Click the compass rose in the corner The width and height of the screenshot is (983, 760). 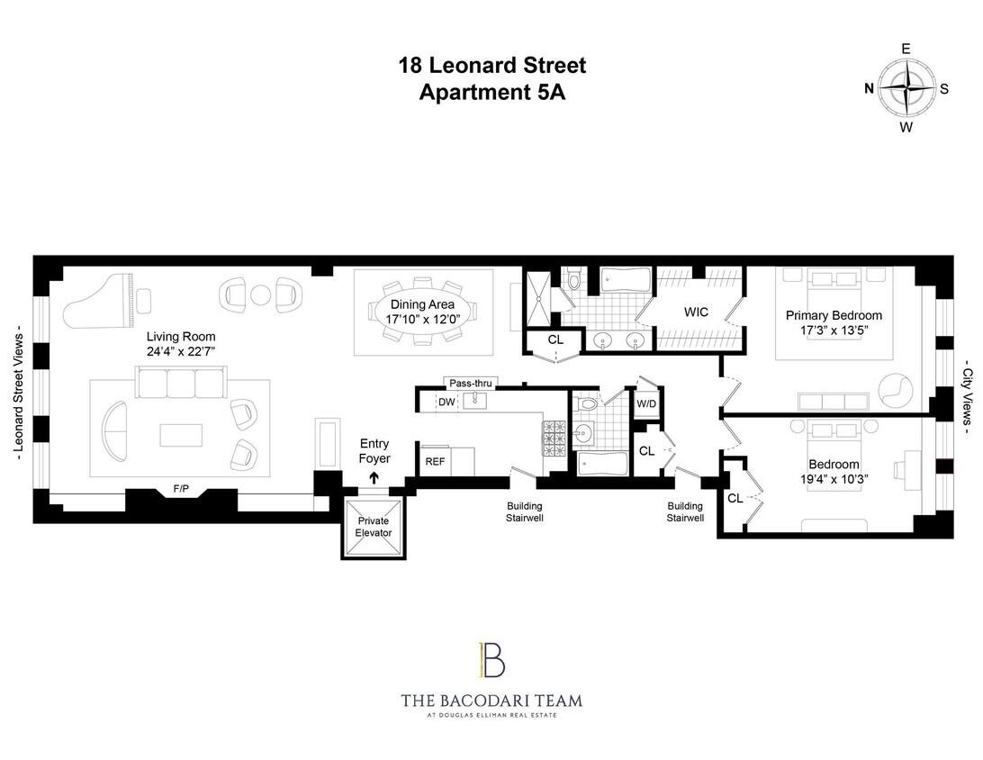click(x=906, y=88)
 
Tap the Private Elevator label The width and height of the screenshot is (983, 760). click(x=374, y=527)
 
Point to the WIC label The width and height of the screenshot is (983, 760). click(x=696, y=312)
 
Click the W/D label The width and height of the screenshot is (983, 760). click(x=646, y=403)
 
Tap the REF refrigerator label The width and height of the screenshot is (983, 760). click(x=435, y=460)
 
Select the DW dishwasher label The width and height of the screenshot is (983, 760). click(x=446, y=402)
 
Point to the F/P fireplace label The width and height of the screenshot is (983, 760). click(x=181, y=490)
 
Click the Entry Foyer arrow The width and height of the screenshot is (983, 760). click(x=374, y=478)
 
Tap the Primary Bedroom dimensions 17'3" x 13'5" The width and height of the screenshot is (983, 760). click(x=834, y=330)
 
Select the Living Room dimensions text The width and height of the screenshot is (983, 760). click(x=181, y=351)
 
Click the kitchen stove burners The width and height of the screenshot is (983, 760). click(x=553, y=439)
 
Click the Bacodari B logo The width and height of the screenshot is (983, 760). click(x=491, y=660)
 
